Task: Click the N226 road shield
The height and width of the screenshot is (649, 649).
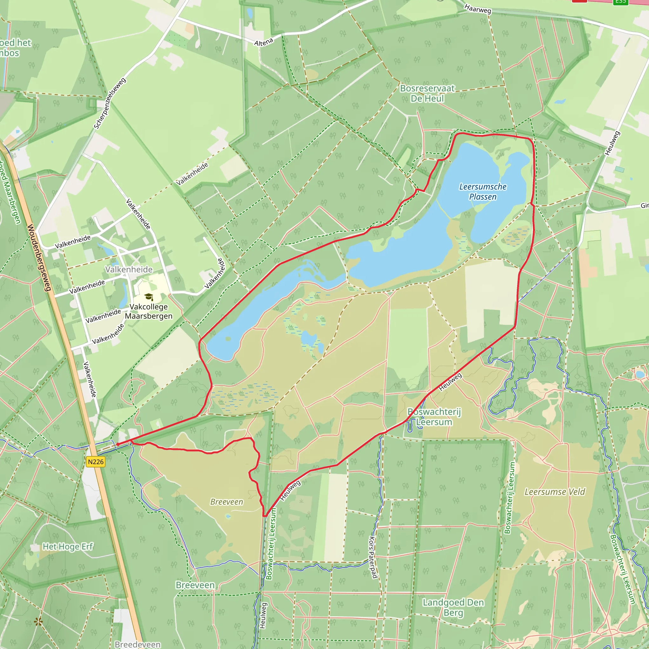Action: tap(96, 462)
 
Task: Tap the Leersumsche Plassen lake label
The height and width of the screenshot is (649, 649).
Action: tap(483, 191)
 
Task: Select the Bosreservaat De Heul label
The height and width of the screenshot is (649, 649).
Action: tap(427, 93)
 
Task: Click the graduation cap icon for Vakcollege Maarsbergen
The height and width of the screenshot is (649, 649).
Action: tap(149, 297)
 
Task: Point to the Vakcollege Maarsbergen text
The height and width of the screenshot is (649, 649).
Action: tap(149, 312)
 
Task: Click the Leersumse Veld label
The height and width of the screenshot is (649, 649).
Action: tap(555, 492)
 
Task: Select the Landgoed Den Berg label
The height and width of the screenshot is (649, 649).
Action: tap(453, 607)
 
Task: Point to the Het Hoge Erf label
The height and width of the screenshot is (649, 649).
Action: tap(67, 547)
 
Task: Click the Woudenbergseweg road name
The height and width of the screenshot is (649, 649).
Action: tap(39, 258)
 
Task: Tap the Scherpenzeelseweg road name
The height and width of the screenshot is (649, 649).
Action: tap(110, 103)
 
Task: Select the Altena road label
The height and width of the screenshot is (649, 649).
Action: tap(264, 42)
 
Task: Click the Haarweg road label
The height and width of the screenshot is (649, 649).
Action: tap(478, 9)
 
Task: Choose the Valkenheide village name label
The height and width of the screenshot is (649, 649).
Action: tap(129, 269)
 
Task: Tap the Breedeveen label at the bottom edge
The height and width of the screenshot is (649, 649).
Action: tap(138, 644)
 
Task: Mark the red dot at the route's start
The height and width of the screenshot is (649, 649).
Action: tap(118, 444)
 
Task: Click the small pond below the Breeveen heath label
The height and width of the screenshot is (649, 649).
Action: tap(228, 516)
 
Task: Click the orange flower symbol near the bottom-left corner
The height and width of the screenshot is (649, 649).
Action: tap(39, 622)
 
